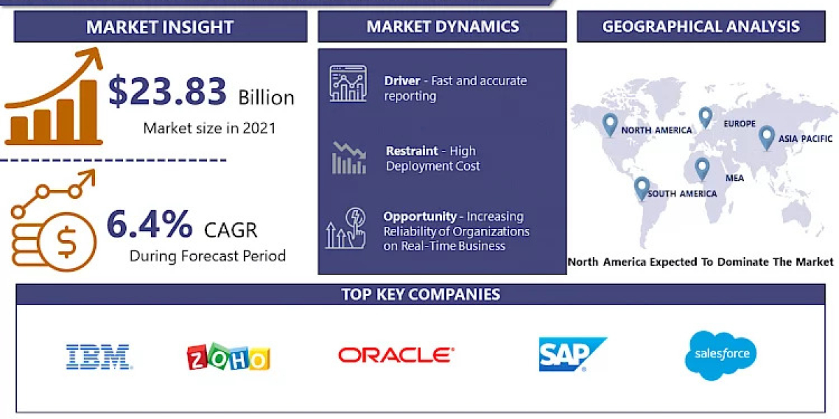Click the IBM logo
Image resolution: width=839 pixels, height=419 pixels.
pos(98,356)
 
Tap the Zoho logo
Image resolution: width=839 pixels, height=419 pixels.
pos(228,357)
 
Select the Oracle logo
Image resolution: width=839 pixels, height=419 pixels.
pos(396,355)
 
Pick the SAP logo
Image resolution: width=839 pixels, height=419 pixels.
pos(572,355)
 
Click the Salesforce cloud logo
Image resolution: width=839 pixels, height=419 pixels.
pos(721,355)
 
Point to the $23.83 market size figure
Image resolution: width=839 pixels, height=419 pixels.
pos(168,91)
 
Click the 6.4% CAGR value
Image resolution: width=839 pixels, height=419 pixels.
pos(149,225)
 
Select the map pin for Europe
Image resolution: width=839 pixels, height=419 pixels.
pos(705,117)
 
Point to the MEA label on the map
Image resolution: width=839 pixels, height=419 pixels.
pos(734,178)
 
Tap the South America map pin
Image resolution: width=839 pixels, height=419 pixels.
pos(641,187)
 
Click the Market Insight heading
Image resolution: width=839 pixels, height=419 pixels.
pos(159,27)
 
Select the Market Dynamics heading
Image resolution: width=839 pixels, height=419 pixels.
pos(443,27)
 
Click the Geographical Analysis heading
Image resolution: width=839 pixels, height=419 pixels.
pos(701,27)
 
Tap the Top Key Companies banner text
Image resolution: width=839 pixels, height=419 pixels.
pos(420,294)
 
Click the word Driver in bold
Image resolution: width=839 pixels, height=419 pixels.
pos(402,81)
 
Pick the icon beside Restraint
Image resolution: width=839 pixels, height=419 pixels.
pos(348,158)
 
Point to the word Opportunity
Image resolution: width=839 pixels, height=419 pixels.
pos(419,216)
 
